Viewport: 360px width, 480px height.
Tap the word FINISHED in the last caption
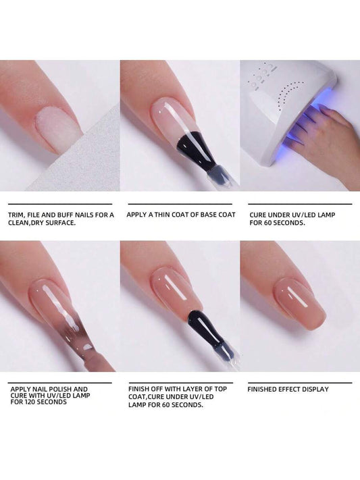(x=262, y=390)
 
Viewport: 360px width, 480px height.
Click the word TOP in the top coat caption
(x=221, y=389)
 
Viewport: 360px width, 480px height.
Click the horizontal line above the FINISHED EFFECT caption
(x=300, y=383)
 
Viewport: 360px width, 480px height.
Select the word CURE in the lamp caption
(x=258, y=215)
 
